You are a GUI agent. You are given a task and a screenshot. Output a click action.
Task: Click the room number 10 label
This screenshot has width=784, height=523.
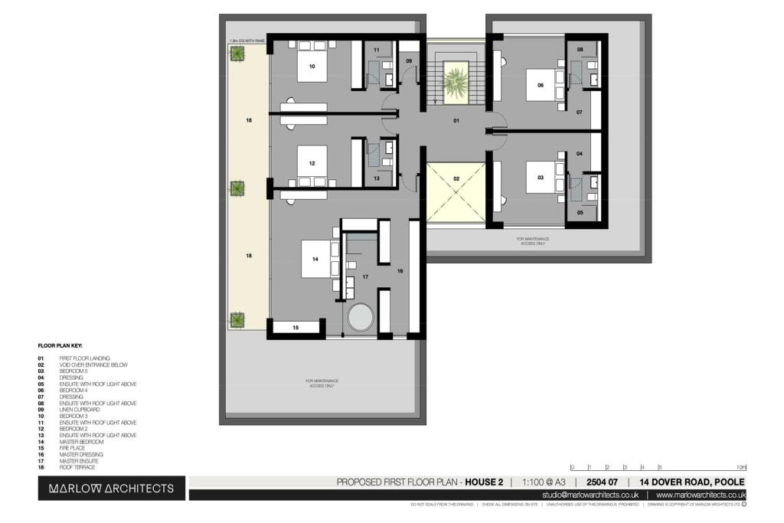click(312, 67)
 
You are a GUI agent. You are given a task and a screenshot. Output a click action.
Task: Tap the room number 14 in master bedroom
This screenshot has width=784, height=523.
click(314, 260)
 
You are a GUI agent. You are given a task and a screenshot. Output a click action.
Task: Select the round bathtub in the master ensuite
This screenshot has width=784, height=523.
click(359, 317)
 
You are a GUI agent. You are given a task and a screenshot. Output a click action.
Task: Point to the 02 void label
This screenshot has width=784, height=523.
click(456, 178)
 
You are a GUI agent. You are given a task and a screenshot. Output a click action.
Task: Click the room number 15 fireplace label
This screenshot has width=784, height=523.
click(296, 328)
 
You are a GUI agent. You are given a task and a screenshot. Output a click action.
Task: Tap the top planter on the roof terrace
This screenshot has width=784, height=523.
click(238, 54)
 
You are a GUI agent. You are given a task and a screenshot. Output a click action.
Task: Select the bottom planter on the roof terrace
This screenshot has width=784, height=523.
click(238, 319)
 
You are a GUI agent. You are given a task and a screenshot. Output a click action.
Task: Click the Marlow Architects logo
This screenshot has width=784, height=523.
click(111, 488)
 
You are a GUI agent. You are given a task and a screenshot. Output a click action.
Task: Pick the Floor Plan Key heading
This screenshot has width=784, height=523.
click(60, 345)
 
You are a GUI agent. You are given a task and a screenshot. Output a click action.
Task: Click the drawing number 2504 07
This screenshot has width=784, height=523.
click(603, 482)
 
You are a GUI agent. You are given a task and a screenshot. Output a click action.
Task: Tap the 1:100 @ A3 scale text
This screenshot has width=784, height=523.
click(544, 482)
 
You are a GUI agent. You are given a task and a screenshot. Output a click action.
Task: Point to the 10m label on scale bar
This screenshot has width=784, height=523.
click(740, 466)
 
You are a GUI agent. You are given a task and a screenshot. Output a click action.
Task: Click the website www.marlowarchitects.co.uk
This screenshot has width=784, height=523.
click(700, 495)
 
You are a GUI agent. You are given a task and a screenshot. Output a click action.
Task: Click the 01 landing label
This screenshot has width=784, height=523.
click(456, 121)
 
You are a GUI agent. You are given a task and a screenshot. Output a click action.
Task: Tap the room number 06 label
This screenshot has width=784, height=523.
click(541, 86)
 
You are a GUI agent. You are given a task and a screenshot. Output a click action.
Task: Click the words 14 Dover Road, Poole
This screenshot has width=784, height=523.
click(692, 482)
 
